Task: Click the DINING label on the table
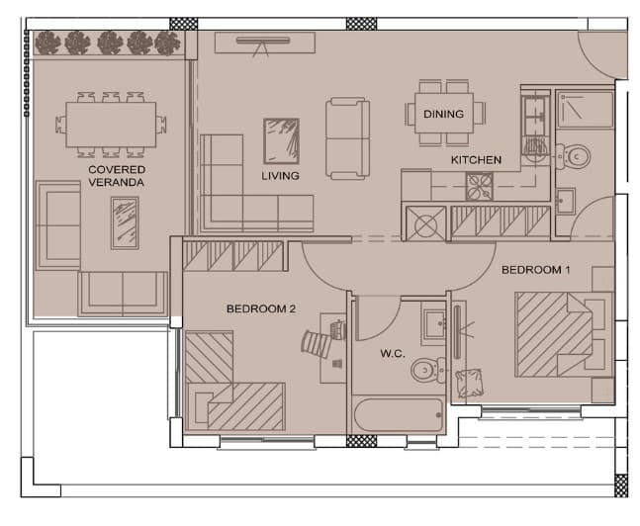(443, 114)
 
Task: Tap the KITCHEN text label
(476, 159)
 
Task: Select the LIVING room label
(280, 176)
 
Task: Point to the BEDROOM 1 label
(535, 270)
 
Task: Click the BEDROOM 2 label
(261, 308)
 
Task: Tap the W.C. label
(393, 353)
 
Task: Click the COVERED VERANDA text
(117, 176)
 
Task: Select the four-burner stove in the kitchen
(479, 187)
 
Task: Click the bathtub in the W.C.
(399, 414)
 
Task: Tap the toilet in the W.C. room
(427, 370)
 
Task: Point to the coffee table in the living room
(281, 141)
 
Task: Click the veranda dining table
(111, 125)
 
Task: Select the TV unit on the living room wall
(265, 43)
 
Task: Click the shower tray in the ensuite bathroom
(586, 110)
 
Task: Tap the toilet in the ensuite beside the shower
(573, 156)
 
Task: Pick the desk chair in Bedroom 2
(317, 344)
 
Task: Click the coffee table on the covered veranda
(125, 223)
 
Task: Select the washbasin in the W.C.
(434, 324)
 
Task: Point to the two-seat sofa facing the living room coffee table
(348, 138)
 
